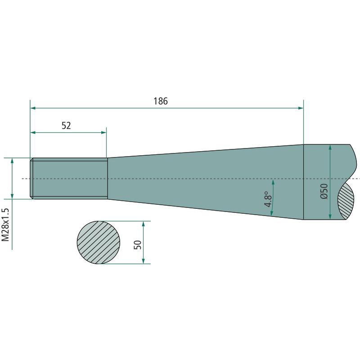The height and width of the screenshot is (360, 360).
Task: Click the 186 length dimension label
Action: (161, 101)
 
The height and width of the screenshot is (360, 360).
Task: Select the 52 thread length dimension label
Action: (66, 126)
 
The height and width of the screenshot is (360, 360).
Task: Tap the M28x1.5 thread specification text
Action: (5, 225)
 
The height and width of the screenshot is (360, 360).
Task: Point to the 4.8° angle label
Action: (268, 199)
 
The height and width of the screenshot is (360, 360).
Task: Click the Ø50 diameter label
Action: (324, 191)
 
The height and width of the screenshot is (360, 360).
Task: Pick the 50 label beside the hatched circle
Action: (138, 244)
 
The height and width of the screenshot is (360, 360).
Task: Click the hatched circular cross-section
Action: (99, 242)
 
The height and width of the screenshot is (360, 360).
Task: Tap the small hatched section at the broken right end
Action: (346, 202)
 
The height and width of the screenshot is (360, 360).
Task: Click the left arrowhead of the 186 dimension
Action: (33, 108)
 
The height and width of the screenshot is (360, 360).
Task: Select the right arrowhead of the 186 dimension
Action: (301, 108)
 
